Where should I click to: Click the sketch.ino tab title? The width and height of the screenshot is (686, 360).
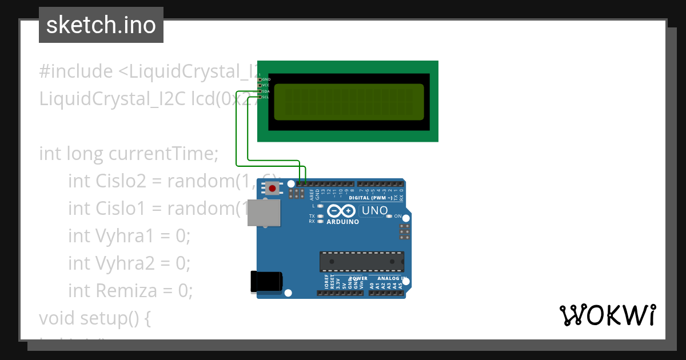click(x=101, y=25)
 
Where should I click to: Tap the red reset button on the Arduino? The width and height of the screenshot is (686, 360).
click(x=273, y=187)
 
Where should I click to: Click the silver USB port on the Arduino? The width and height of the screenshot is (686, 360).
click(x=265, y=213)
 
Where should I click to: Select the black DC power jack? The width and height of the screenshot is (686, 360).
click(x=266, y=282)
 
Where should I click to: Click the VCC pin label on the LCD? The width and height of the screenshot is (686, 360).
click(x=266, y=85)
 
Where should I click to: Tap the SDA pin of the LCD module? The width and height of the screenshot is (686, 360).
click(x=260, y=91)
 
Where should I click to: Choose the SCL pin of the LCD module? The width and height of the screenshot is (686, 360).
click(x=260, y=97)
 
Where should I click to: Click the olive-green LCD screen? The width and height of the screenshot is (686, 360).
click(x=349, y=102)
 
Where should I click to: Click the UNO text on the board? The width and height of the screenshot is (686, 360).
click(x=374, y=210)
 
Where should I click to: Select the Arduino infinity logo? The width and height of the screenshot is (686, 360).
click(x=342, y=211)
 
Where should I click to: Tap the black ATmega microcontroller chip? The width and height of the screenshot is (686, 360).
click(x=361, y=261)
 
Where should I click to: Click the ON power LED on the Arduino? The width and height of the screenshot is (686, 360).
click(x=389, y=216)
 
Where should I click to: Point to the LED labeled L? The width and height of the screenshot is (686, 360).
click(x=320, y=205)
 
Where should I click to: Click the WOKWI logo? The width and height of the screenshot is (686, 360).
click(x=607, y=315)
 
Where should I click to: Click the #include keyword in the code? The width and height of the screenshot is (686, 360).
click(x=76, y=71)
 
